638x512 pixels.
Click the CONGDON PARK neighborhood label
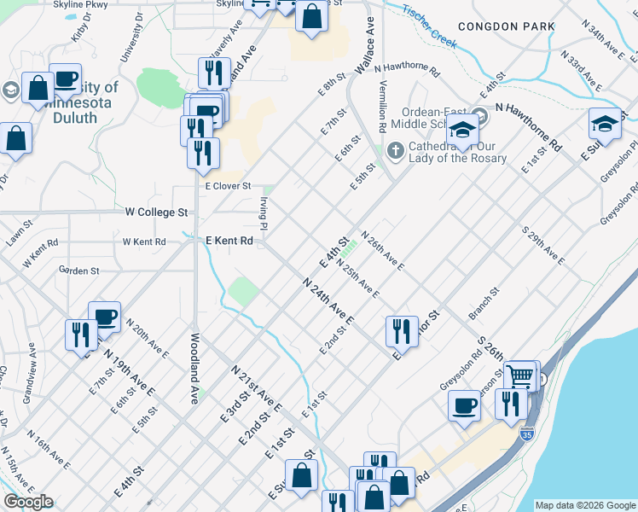(x=506, y=27)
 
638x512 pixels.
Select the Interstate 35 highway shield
(x=526, y=433)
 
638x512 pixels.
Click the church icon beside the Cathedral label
(x=395, y=151)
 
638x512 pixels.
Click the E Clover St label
(x=228, y=185)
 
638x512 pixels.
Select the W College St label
(x=156, y=212)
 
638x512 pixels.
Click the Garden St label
(x=79, y=271)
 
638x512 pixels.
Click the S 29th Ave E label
(x=543, y=246)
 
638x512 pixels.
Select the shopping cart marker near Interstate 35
(x=519, y=375)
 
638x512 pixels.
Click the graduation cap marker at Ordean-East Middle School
(x=463, y=131)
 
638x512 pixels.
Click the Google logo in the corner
(x=28, y=502)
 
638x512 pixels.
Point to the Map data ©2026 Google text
(x=585, y=505)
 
